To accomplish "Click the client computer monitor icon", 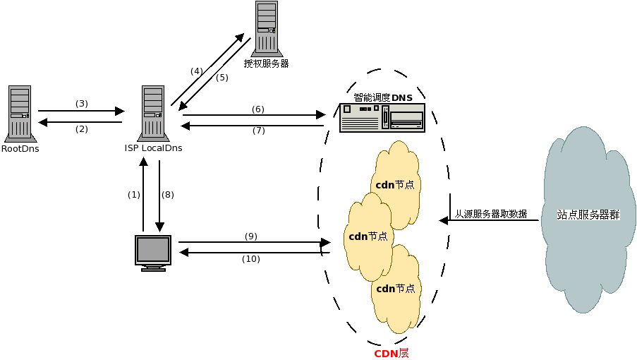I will coord(154,253).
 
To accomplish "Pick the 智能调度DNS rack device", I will coord(382,117).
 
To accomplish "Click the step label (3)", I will coord(81,104).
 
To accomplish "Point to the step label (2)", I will coord(81,129).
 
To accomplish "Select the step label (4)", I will coord(196,71).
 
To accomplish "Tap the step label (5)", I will coord(222,78).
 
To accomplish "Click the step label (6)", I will coord(257,109).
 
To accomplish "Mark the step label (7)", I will coord(257,131).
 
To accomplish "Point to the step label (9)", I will coord(250,235).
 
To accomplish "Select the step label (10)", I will coord(250,259).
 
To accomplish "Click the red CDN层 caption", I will coord(391,353).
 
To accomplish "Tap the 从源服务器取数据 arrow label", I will coord(491,213).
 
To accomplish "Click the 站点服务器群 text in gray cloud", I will coord(588,215).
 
